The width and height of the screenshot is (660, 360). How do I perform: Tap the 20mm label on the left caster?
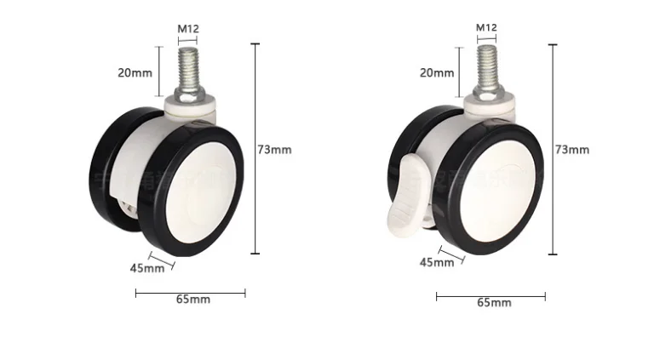tap(135, 72)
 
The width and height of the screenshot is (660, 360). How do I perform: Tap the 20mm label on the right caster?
tap(437, 72)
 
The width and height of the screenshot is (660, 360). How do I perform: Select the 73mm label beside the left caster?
tap(274, 150)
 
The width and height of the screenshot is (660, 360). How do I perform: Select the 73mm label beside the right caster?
tap(571, 150)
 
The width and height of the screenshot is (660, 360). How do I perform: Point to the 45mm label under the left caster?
tap(146, 268)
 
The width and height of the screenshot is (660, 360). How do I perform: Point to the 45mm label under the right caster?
tap(437, 262)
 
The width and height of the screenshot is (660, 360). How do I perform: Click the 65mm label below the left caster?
tap(193, 300)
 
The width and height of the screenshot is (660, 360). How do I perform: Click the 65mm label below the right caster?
tap(494, 303)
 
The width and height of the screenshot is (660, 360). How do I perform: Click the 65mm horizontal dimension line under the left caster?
tap(190, 292)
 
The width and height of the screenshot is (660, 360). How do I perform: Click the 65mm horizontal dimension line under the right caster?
tap(491, 296)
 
